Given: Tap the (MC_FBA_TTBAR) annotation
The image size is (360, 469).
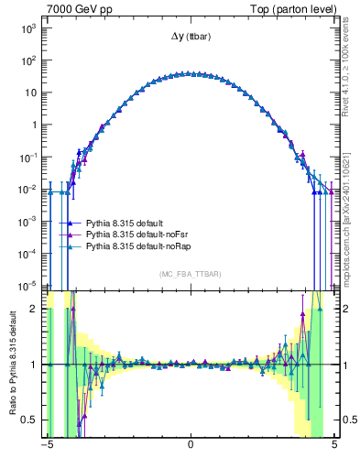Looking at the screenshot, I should click(190, 274).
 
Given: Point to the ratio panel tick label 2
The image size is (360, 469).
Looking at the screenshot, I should click(36, 309).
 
